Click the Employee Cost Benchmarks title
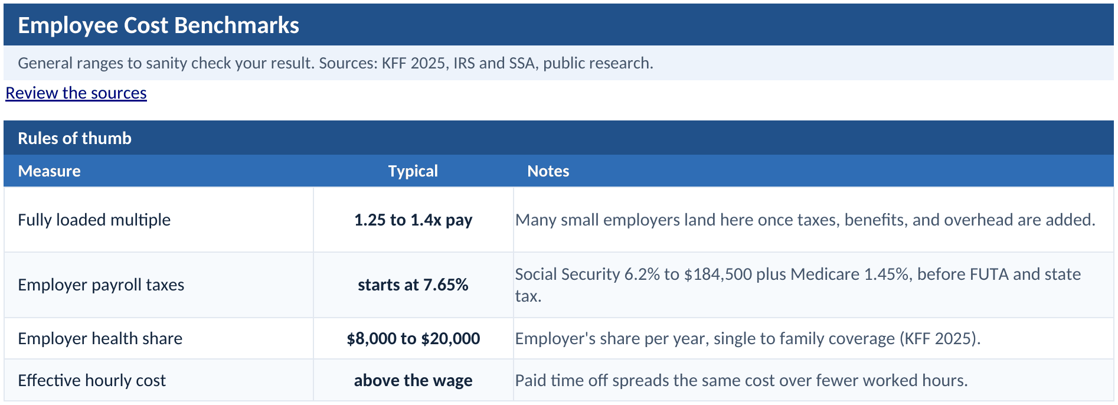[x=158, y=25]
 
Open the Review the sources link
[x=76, y=93]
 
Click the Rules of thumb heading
[x=74, y=138]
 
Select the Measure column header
[x=49, y=171]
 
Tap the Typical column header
[x=413, y=171]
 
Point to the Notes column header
[x=548, y=171]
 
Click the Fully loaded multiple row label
[x=94, y=220]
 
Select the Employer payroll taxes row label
[x=101, y=285]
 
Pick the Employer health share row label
[x=100, y=338]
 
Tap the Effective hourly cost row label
[x=91, y=380]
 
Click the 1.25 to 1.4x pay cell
[x=413, y=220]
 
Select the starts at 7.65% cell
[x=413, y=285]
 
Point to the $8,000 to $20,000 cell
[x=413, y=338]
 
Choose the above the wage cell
[x=413, y=380]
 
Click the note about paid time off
[x=741, y=380]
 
